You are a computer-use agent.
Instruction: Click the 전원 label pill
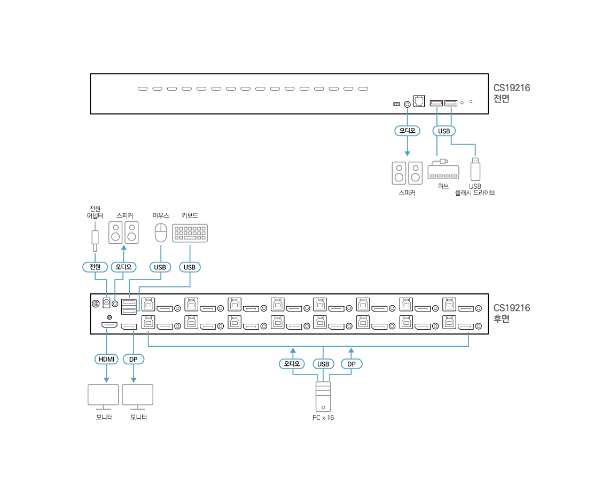tap(95, 267)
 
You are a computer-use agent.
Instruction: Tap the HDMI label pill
tap(106, 360)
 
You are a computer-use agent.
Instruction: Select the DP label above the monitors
tap(134, 360)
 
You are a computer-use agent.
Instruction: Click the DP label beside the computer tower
tap(352, 364)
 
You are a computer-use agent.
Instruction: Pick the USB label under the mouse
tap(160, 267)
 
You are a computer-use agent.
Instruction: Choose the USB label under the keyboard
tap(190, 267)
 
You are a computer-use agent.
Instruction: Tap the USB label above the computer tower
tap(323, 364)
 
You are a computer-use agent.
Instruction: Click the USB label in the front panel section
tap(444, 131)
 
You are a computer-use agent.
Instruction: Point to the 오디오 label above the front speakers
tap(407, 131)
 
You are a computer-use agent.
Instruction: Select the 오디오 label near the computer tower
tap(292, 364)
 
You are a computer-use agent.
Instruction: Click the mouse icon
tap(161, 233)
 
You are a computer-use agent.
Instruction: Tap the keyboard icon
tap(190, 233)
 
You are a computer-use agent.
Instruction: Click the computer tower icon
tap(323, 396)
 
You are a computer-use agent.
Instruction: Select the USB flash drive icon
tap(475, 169)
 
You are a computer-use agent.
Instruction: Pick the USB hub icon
tap(443, 170)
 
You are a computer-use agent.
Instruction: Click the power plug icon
tap(95, 236)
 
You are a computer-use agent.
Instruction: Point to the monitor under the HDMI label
tap(103, 396)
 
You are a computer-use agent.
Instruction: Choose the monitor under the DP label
tap(137, 396)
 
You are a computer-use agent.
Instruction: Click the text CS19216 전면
tap(511, 93)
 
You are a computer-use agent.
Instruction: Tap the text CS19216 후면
tap(511, 314)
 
